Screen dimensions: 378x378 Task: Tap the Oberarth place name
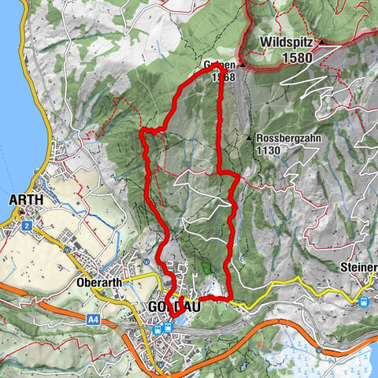click(x=102, y=282)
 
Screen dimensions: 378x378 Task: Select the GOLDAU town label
click(x=174, y=308)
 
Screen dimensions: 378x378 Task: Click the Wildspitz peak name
click(x=287, y=41)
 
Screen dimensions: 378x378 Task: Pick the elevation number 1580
click(x=294, y=57)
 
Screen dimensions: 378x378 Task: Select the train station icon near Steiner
click(x=364, y=301)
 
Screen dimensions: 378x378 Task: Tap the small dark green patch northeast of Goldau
click(x=206, y=269)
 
